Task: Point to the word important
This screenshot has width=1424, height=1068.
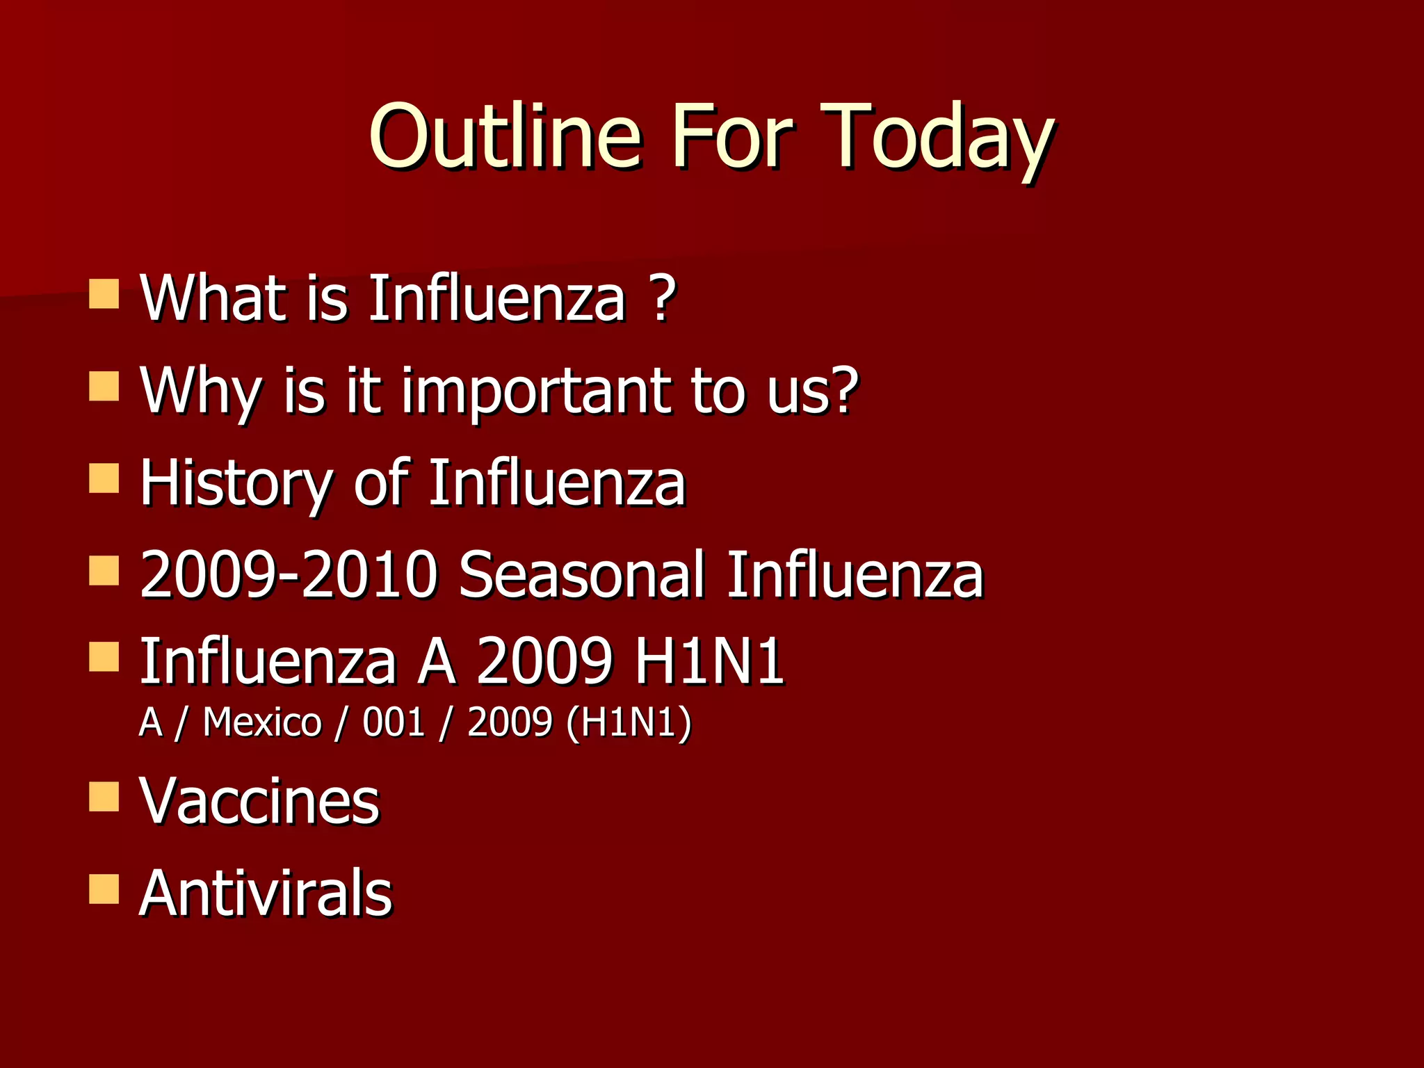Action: (x=536, y=391)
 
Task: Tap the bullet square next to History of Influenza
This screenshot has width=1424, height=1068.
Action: (x=104, y=479)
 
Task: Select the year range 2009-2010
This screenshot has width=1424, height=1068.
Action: (x=289, y=574)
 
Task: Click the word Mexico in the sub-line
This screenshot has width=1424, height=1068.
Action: (x=262, y=722)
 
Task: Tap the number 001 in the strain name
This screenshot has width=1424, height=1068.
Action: (x=394, y=722)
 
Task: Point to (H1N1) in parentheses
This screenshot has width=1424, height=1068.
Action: (x=629, y=722)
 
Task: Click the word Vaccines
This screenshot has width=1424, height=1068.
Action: (x=259, y=801)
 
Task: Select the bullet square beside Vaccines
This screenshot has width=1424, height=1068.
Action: (x=104, y=797)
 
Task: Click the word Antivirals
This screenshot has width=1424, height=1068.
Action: (x=266, y=893)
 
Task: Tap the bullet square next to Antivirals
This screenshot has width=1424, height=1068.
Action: (x=104, y=889)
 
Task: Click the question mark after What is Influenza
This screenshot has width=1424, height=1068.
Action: (x=664, y=298)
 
